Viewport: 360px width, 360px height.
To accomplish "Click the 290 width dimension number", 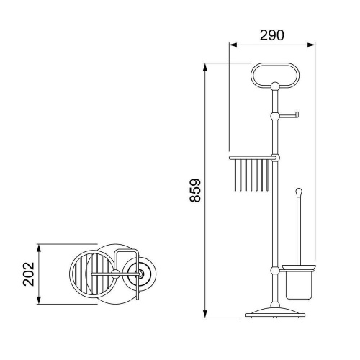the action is click(x=271, y=35).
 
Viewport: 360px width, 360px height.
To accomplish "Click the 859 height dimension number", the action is click(x=195, y=190).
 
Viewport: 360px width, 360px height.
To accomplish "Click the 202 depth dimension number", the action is click(x=29, y=274).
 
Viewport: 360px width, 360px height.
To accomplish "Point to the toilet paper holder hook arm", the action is click(x=289, y=116).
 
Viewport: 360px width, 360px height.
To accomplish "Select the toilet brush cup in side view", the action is click(x=299, y=285).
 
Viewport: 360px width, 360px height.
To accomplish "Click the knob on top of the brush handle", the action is click(x=299, y=192).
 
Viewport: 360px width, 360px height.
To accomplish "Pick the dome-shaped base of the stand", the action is click(x=275, y=312).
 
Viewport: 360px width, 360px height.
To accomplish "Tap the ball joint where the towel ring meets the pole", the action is click(x=275, y=86).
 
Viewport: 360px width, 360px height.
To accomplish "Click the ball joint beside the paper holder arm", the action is click(x=275, y=116).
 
